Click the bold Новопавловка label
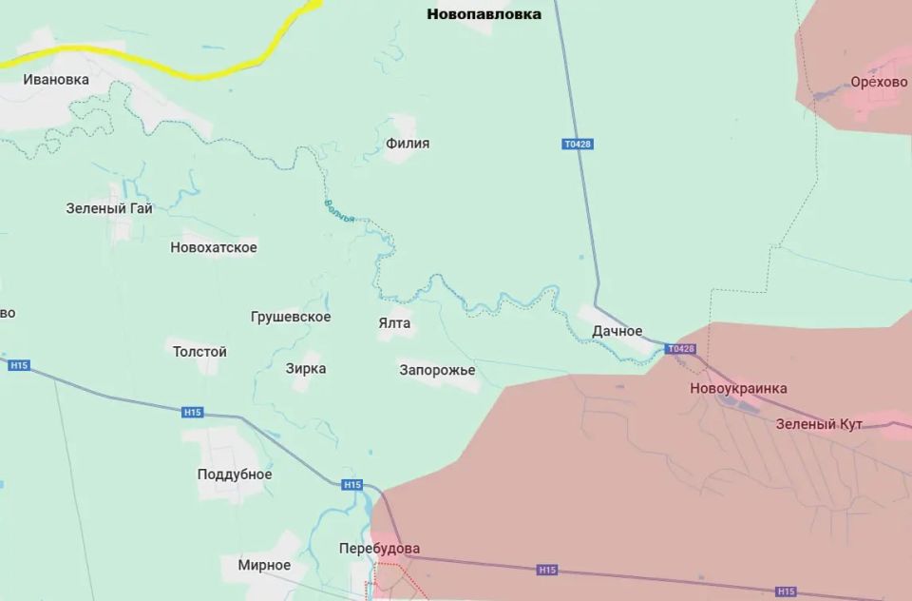[x=484, y=14]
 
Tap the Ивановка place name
[x=56, y=80]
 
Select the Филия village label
[x=408, y=144]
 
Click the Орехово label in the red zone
[x=879, y=83]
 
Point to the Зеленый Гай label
[x=109, y=208]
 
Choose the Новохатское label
[x=214, y=248]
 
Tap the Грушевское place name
[x=291, y=317]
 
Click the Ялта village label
[x=394, y=323]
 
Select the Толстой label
[x=199, y=352]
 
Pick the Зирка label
[x=306, y=369]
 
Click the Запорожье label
[x=437, y=370]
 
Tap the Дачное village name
[x=617, y=331]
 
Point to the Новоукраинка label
[x=738, y=389]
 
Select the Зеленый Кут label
[x=819, y=424]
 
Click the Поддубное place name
[x=235, y=475]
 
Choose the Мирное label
[x=264, y=565]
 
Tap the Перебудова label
[x=379, y=549]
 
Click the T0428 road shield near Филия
[x=578, y=145]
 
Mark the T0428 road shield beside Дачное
[x=681, y=349]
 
